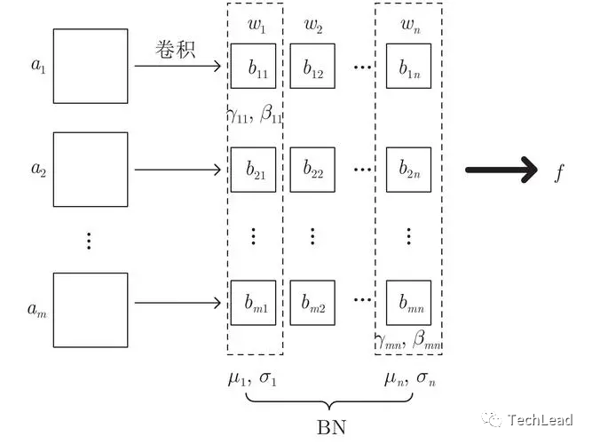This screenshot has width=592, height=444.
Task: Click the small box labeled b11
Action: tap(254, 67)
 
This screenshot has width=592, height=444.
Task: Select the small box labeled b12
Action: tap(312, 67)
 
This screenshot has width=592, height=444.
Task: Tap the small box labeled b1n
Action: tap(408, 67)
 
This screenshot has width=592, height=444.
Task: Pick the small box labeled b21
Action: tap(254, 169)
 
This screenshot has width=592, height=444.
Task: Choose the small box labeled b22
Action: tap(312, 169)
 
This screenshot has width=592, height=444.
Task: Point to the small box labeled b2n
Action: tap(408, 169)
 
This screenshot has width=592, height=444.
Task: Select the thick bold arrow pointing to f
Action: tap(501, 170)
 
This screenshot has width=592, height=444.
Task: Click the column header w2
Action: tap(312, 25)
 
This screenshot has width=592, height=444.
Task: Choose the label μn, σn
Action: tap(409, 379)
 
